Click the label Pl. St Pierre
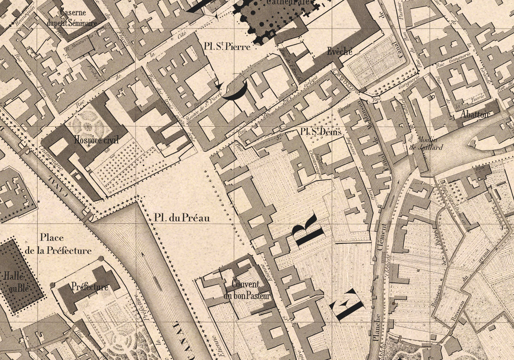(226, 47)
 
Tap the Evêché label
(340, 51)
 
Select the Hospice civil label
(96, 140)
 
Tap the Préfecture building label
(89, 287)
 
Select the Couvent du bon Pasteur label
(246, 290)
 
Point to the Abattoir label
(475, 114)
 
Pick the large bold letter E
(348, 304)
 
